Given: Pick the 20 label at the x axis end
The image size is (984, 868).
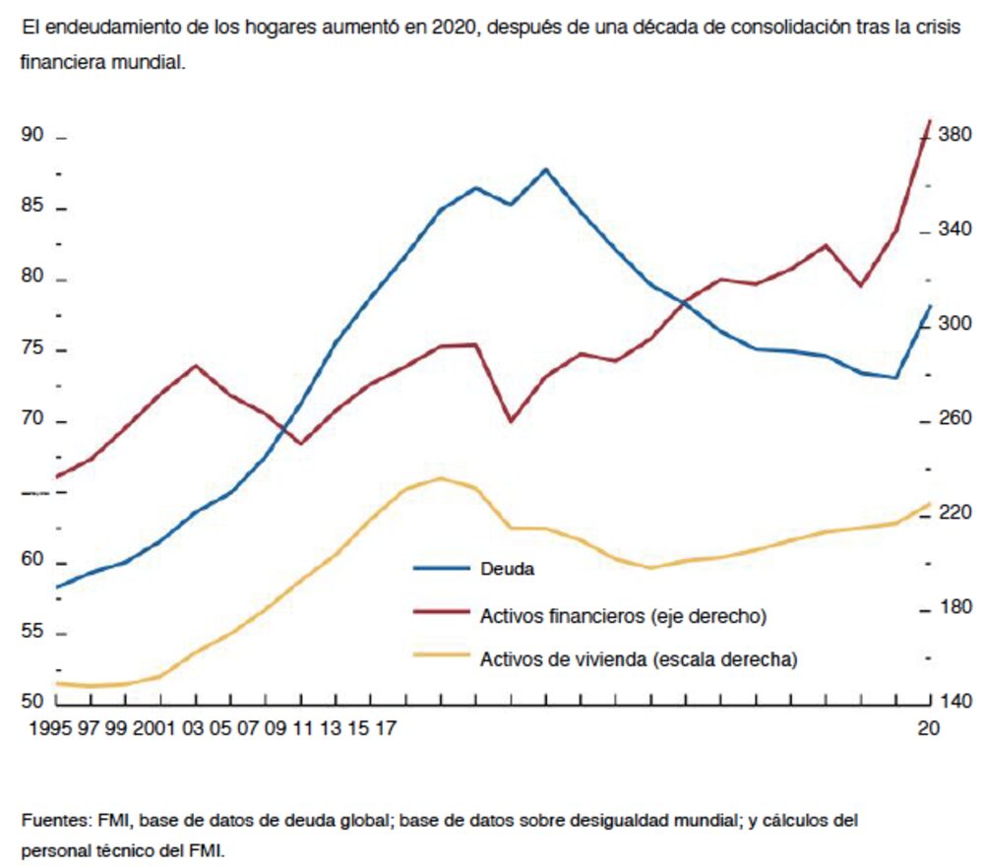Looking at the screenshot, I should point(929,729).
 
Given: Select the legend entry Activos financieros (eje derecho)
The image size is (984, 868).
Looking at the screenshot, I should point(623,617).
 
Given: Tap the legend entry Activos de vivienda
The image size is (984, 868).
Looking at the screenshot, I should point(638,659).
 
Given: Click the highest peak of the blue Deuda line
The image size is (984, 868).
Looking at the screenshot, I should point(546,169).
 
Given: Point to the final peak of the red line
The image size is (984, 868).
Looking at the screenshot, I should point(930,120).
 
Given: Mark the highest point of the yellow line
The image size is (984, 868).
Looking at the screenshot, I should point(440,478).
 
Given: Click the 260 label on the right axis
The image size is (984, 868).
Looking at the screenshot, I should point(954,418).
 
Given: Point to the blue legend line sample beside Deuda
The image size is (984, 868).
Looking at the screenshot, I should point(440,568).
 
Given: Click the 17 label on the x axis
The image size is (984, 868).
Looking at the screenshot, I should point(387,729).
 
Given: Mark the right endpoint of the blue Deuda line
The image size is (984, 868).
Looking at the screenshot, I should point(930,306).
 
